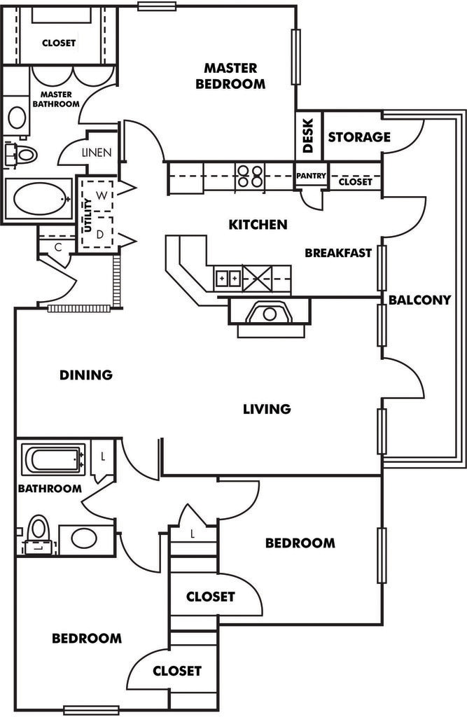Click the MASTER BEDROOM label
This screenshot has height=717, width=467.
click(235, 76)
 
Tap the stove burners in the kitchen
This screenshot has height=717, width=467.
click(250, 175)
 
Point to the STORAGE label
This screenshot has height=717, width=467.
click(359, 137)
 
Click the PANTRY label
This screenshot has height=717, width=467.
click(311, 176)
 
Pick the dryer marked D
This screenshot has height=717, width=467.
click(100, 233)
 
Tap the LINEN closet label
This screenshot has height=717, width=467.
click(96, 153)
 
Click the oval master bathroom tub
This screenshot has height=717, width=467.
click(39, 199)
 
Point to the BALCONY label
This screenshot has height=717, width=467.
click(419, 300)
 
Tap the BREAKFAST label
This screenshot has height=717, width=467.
click(338, 253)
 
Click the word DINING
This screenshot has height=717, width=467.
click(86, 375)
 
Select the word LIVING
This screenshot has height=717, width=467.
click(267, 409)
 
